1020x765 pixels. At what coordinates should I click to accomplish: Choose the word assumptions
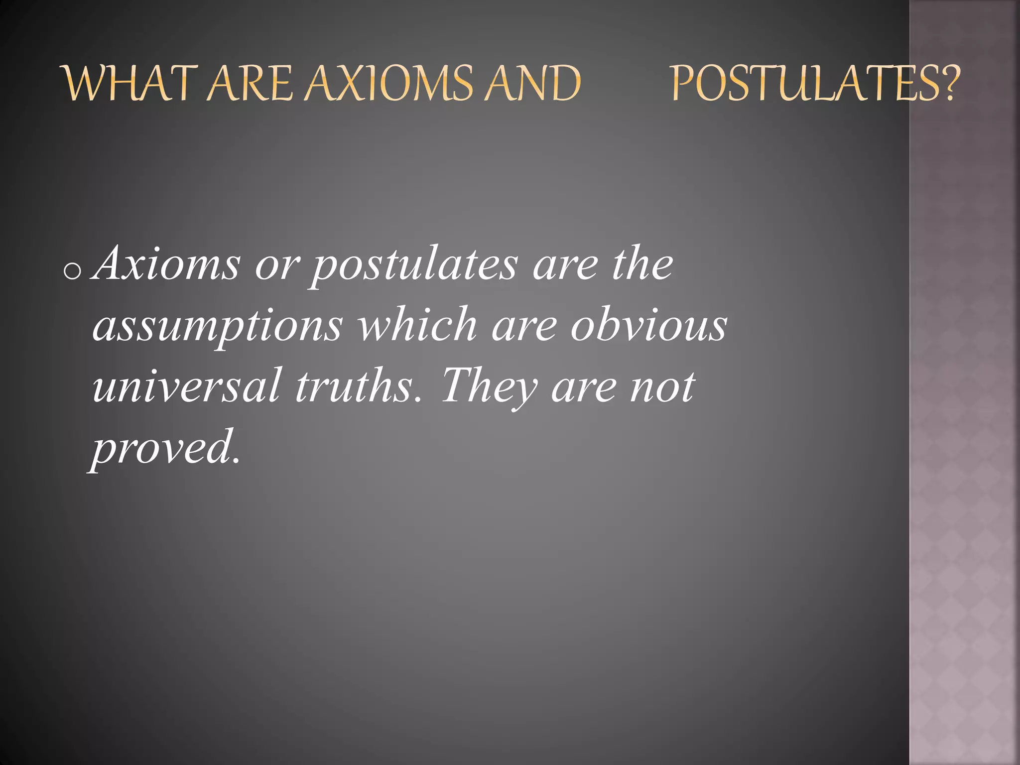coord(217,327)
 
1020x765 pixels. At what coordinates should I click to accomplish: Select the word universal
coord(186,386)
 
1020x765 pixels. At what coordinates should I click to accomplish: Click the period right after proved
coord(236,460)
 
